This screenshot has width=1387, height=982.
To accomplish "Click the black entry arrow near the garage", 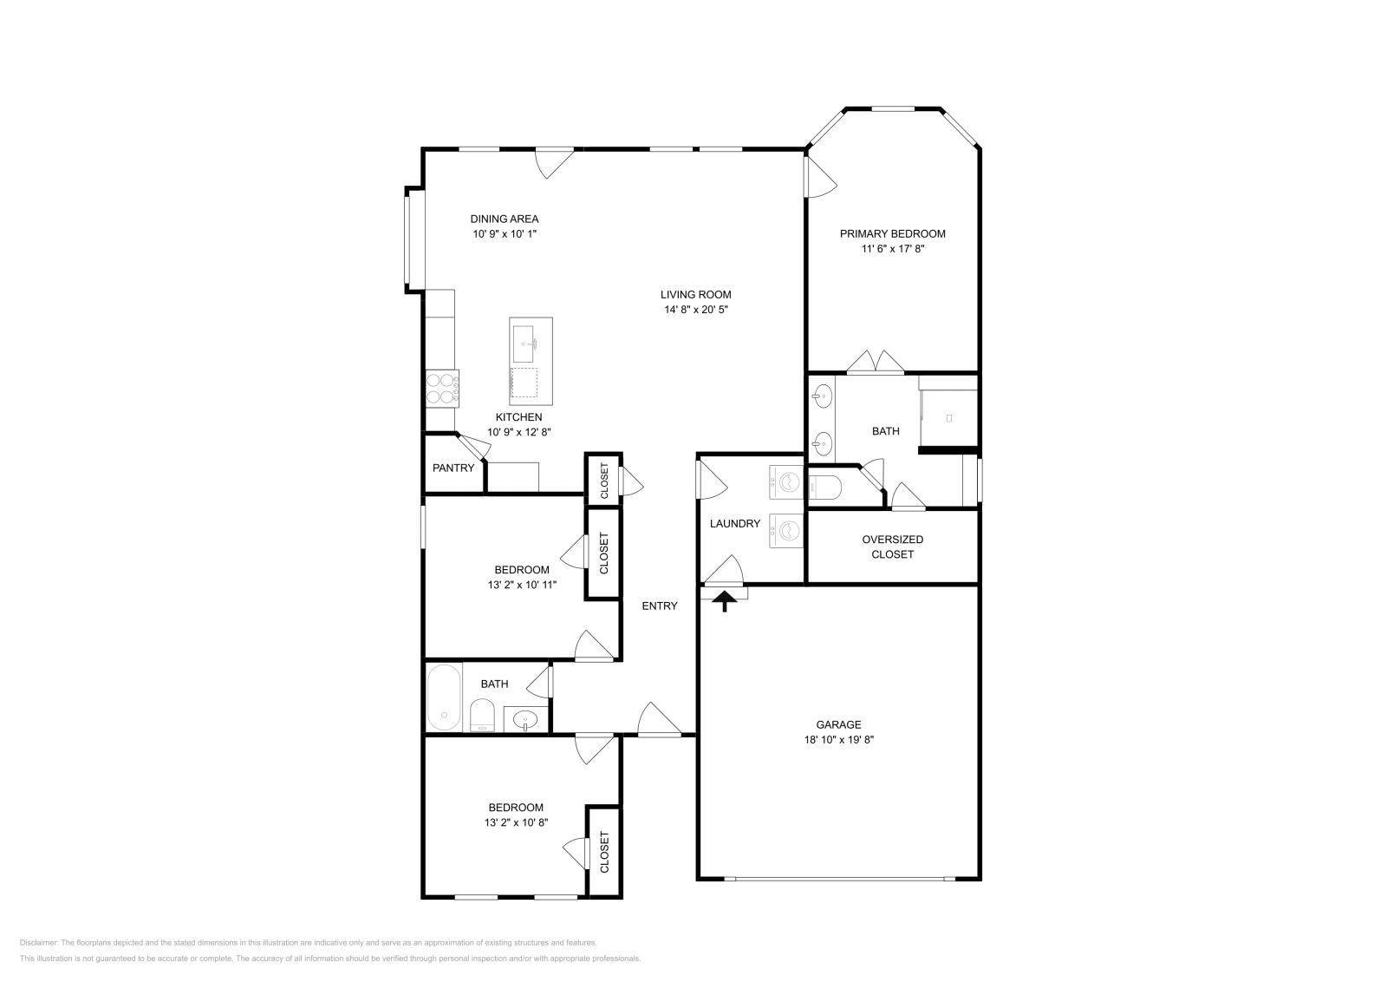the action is tap(725, 601).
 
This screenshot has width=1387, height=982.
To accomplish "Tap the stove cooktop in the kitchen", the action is tap(442, 389).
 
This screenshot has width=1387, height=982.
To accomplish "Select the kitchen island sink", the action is tap(524, 344).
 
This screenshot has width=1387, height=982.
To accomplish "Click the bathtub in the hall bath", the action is tap(444, 697).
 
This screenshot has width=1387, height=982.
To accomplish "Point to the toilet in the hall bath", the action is tap(482, 716).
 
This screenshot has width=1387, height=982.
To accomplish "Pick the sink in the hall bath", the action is tap(525, 719).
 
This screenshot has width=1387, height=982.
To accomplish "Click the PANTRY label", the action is tap(453, 468).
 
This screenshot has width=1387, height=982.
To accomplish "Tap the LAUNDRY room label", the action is tap(735, 523).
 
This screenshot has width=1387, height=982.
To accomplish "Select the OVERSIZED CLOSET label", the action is tap(892, 547).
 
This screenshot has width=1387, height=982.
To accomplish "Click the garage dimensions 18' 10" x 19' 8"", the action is tap(838, 739).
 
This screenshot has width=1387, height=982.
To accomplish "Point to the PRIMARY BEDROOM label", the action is tap(892, 233).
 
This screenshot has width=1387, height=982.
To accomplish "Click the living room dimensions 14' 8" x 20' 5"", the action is tap(696, 309).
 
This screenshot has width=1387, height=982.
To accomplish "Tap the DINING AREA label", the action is tap(504, 219).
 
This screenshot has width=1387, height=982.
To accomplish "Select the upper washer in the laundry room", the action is tap(786, 482).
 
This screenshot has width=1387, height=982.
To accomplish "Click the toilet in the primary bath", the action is tap(824, 487).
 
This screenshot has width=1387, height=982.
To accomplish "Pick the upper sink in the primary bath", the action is tap(823, 396).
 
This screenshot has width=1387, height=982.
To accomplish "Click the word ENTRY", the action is tap(660, 606).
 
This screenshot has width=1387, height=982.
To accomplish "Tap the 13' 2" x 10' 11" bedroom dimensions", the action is tap(522, 584).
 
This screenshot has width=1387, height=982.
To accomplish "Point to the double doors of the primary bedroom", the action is tap(876, 363).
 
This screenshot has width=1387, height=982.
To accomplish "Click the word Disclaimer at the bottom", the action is tap(38, 942).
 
